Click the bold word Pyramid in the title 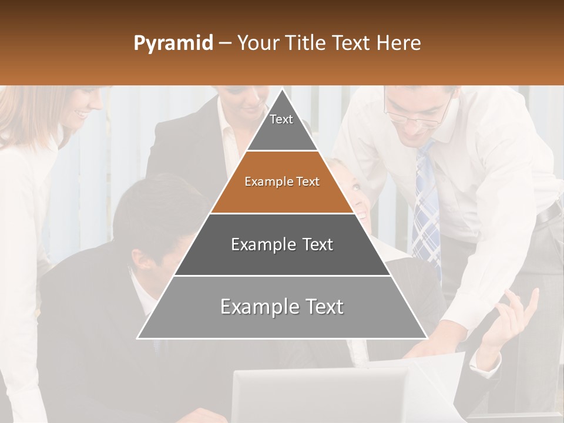point(173,43)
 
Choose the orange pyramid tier point(282,182)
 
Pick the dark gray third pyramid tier point(282,244)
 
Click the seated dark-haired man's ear point(139,258)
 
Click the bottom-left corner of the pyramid point(138,338)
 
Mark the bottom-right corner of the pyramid point(427,338)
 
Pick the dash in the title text point(224,43)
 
